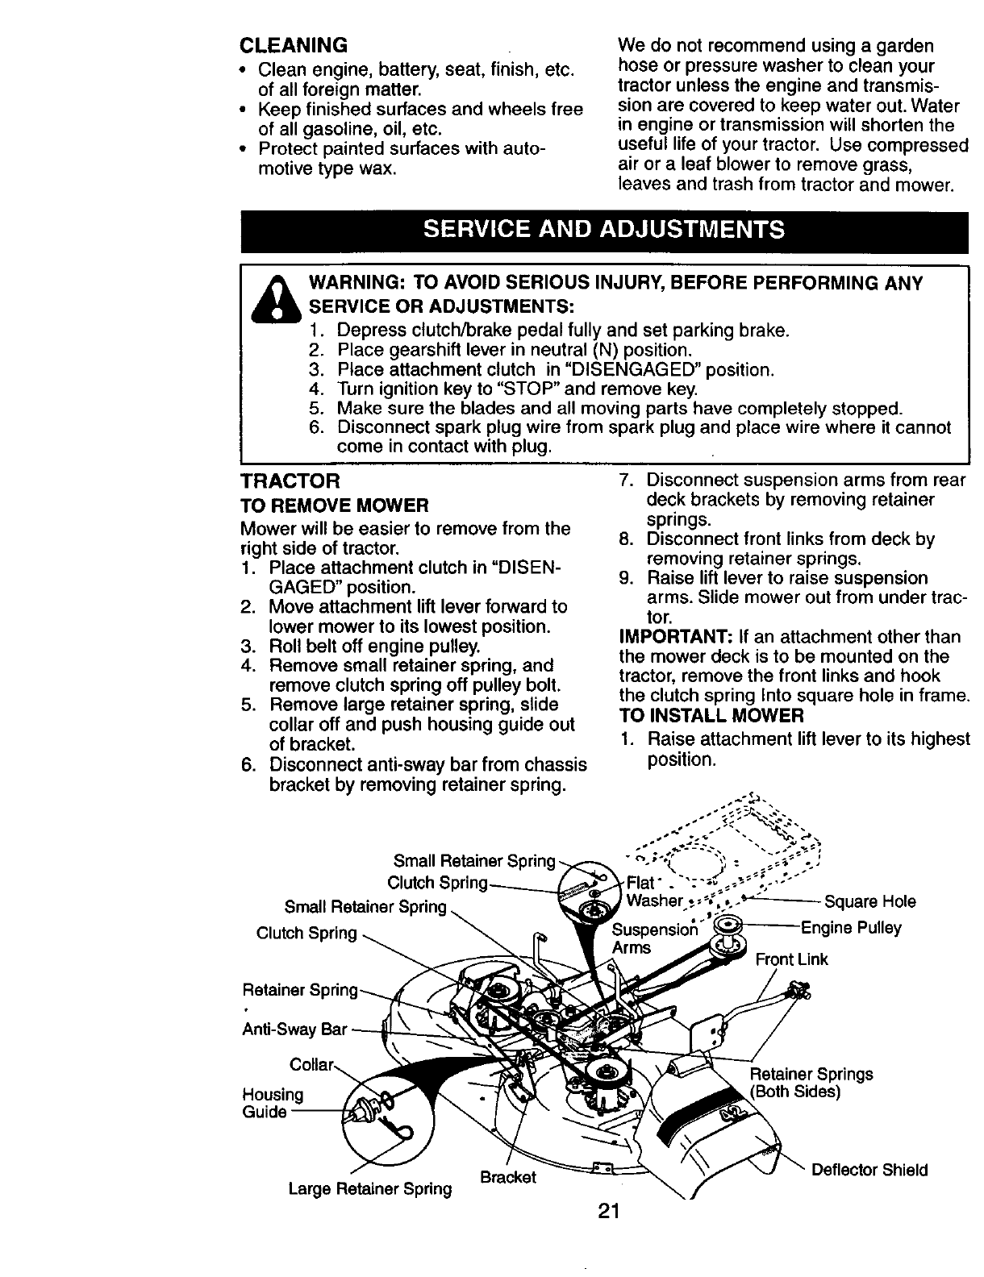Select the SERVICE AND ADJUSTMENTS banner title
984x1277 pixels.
(604, 230)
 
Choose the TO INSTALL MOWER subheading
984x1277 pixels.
(711, 716)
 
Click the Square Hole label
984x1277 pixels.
(869, 901)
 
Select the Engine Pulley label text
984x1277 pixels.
(851, 928)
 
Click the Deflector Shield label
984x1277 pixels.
(869, 1170)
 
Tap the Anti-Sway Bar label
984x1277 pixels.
(294, 1030)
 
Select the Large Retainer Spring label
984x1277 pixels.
(370, 1188)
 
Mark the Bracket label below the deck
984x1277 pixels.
(507, 1177)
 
